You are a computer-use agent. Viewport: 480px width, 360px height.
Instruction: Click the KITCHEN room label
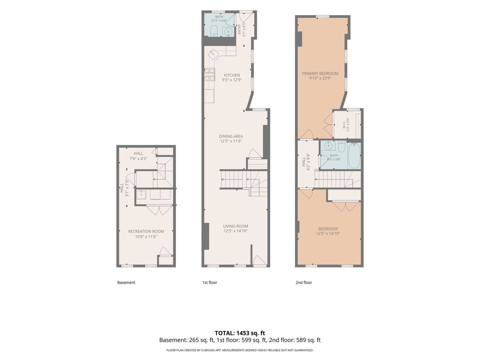click(232, 75)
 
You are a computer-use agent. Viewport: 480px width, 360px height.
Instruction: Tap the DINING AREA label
click(231, 136)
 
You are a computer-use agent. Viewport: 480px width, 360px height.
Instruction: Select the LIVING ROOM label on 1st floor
click(236, 226)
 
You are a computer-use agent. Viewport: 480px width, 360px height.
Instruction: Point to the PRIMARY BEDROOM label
click(320, 73)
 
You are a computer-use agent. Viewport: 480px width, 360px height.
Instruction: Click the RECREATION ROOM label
click(146, 231)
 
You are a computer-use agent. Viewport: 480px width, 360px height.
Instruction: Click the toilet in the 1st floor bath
click(213, 31)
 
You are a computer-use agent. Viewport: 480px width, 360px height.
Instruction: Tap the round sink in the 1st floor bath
click(228, 32)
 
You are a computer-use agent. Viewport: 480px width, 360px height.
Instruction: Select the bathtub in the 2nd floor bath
click(354, 156)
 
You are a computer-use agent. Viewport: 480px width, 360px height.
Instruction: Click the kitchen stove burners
click(210, 75)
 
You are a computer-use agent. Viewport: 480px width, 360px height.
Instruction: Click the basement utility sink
click(141, 195)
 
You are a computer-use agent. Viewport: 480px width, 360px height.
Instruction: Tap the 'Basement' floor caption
click(126, 282)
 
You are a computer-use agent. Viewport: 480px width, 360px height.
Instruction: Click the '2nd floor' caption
click(304, 282)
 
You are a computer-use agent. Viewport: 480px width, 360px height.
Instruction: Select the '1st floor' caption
click(209, 282)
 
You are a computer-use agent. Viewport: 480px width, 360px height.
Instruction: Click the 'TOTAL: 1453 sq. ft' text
click(240, 333)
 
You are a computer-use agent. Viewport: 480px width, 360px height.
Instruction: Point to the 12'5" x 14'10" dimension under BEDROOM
click(328, 233)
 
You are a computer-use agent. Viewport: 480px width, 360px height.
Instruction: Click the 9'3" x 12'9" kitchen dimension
click(232, 80)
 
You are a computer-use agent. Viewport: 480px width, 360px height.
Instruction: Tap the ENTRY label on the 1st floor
click(239, 29)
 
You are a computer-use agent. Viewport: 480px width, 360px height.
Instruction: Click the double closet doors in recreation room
click(159, 210)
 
